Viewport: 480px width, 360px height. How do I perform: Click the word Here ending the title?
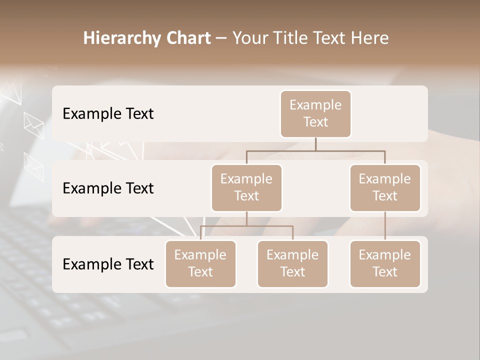pos(370,38)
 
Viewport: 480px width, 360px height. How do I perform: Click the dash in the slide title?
pos(221,39)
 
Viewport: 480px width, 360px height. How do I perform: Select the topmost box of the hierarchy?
pos(315,114)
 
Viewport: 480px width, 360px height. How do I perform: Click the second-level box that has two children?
pos(246,188)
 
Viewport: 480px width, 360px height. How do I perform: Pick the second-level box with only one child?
pos(385,188)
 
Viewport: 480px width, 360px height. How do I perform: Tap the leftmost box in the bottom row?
pos(200,264)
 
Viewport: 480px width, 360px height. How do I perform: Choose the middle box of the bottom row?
pos(292,264)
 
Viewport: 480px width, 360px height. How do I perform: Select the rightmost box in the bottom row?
pos(385,264)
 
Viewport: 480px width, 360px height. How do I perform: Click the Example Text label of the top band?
pos(108,114)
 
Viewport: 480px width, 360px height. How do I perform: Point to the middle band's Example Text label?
pos(108,188)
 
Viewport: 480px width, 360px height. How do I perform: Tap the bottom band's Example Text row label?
pos(108,264)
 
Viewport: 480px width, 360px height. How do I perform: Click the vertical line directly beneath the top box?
pos(315,144)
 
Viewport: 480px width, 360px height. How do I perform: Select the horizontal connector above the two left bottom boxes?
pos(246,226)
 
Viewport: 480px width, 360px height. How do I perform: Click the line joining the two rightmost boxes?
pos(385,226)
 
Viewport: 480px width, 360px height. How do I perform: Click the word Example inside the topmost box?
pos(315,105)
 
